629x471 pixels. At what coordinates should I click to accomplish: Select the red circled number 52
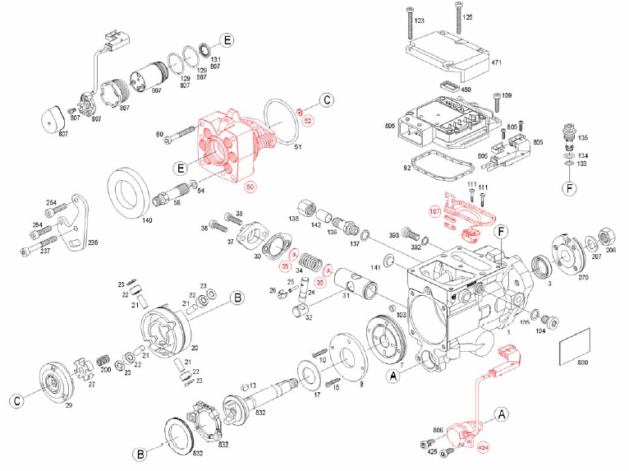click(309, 121)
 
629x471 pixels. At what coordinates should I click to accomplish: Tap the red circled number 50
click(251, 187)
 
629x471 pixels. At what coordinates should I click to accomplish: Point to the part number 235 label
click(93, 243)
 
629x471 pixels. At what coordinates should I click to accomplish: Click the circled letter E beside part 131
click(227, 41)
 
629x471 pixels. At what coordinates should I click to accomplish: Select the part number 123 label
click(419, 20)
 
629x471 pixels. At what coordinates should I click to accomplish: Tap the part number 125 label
click(468, 17)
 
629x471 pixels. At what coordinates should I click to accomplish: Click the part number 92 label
click(406, 168)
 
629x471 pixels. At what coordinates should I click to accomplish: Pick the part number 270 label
click(583, 279)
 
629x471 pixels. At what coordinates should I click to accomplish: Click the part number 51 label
click(298, 148)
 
